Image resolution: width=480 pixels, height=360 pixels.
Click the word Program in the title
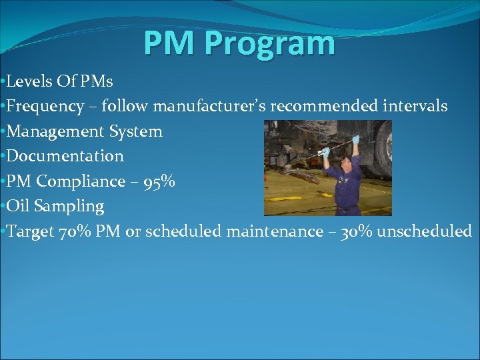[270, 43]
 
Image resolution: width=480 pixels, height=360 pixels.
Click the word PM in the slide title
[171, 43]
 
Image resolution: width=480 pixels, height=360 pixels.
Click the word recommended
[324, 106]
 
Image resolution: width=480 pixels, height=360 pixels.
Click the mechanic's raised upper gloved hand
[355, 139]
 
